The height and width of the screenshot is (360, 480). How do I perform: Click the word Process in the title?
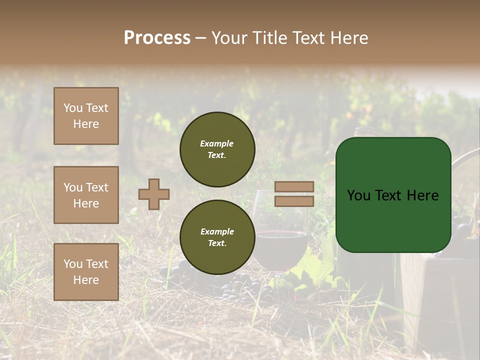pyautogui.click(x=157, y=38)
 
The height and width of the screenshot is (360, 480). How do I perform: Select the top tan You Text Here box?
pyautogui.click(x=86, y=116)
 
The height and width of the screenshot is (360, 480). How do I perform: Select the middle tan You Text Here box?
pyautogui.click(x=86, y=195)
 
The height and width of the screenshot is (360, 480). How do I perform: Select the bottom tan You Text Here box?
pyautogui.click(x=86, y=272)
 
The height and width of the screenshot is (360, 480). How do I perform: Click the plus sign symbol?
pyautogui.click(x=154, y=194)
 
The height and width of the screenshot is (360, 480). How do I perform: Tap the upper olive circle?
pyautogui.click(x=217, y=149)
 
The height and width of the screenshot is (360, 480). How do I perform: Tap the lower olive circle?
pyautogui.click(x=217, y=237)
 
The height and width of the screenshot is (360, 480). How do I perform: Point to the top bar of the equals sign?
pyautogui.click(x=294, y=187)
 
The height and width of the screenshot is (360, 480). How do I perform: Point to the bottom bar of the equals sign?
pyautogui.click(x=294, y=201)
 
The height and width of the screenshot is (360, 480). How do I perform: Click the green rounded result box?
pyautogui.click(x=393, y=195)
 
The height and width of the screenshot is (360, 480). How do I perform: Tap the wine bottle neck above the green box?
pyautogui.click(x=364, y=132)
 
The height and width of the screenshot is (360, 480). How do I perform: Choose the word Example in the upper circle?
pyautogui.click(x=216, y=143)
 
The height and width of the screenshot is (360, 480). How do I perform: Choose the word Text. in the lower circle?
pyautogui.click(x=217, y=243)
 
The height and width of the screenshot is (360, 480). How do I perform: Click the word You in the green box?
pyautogui.click(x=358, y=195)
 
